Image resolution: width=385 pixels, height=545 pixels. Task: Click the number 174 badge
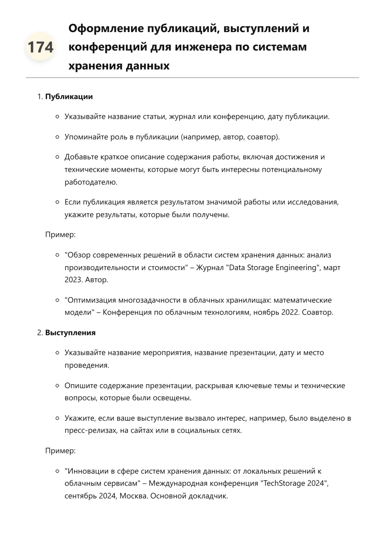[40, 47]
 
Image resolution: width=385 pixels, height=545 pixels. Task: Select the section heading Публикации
[69, 97]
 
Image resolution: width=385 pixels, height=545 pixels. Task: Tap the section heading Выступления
[70, 333]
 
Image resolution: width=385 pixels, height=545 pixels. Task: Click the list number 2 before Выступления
[39, 333]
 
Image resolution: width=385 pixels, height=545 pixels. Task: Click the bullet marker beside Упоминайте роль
[57, 137]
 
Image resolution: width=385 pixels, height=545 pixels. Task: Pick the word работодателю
[91, 182]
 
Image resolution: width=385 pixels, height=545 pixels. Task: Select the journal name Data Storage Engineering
[273, 268]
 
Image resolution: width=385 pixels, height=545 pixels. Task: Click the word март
[332, 268]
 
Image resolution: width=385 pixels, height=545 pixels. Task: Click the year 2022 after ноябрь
[290, 312]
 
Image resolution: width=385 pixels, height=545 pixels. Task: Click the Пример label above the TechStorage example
[60, 451]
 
